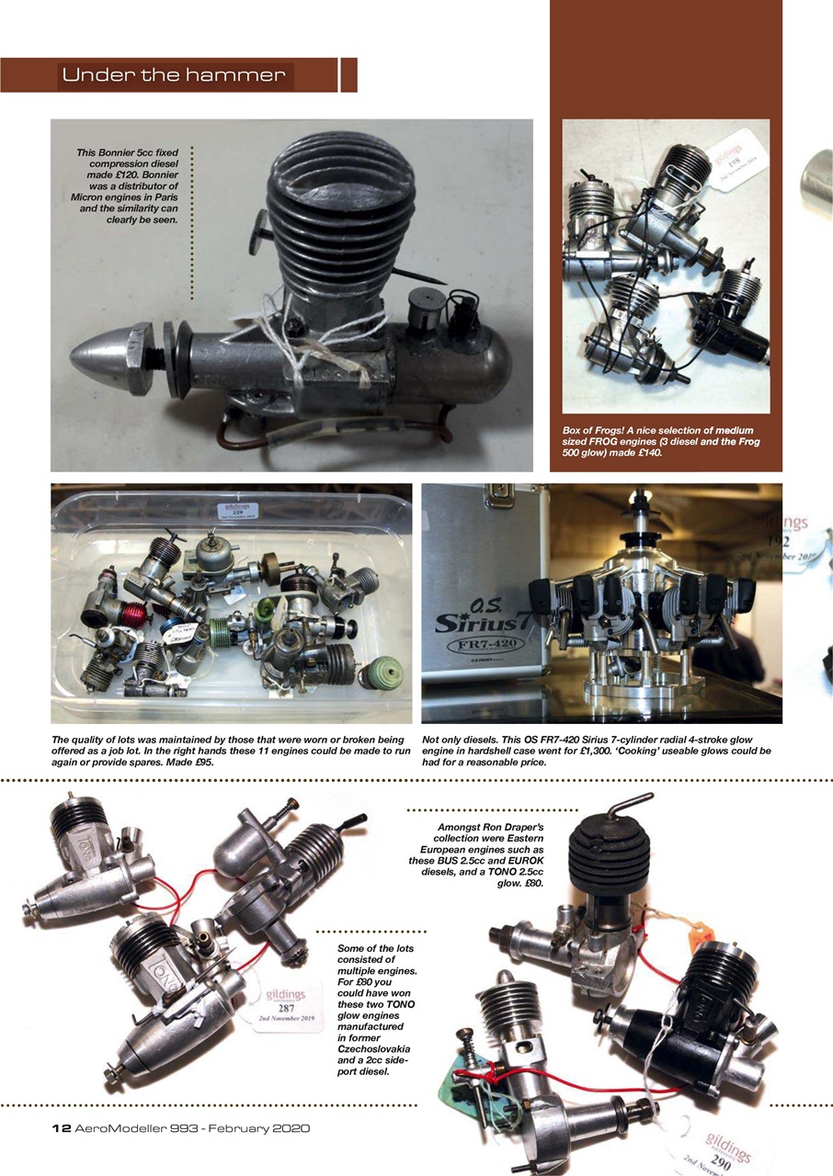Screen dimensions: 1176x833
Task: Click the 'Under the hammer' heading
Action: pos(175,75)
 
